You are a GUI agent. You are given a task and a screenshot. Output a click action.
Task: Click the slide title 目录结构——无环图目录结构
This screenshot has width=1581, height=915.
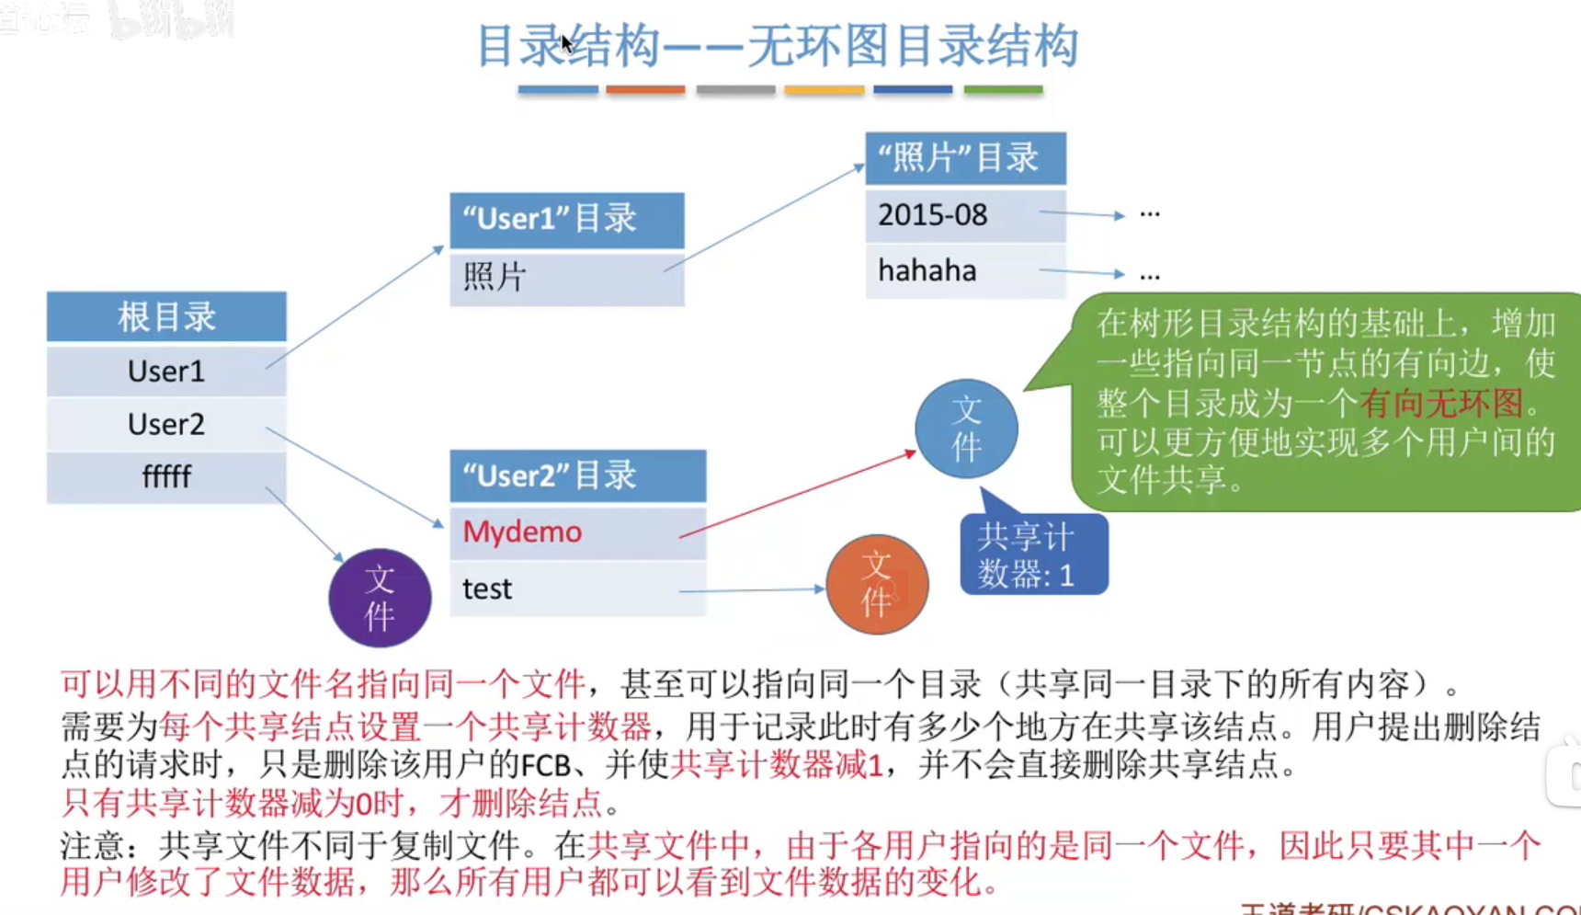point(777,46)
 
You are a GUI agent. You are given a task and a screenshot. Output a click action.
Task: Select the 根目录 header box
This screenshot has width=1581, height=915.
point(166,317)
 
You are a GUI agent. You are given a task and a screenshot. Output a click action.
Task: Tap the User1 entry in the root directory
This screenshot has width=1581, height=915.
point(166,371)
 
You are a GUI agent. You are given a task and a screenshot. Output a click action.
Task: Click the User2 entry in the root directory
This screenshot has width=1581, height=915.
point(166,424)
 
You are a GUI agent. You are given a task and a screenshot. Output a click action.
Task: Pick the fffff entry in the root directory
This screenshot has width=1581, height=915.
point(166,476)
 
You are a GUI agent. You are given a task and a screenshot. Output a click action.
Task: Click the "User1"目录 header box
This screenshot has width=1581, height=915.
point(566,219)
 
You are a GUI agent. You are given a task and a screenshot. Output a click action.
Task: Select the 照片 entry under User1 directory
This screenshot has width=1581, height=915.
point(566,277)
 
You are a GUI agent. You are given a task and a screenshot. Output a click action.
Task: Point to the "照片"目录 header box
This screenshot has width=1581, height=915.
point(965,158)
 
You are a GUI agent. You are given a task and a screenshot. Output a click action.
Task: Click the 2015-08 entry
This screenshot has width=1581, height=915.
point(933,215)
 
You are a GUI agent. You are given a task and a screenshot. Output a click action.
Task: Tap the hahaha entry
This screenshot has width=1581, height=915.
point(927,271)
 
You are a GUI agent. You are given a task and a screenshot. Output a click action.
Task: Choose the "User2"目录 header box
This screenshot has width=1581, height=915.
point(577,475)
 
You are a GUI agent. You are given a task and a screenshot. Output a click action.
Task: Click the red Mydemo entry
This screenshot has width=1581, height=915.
point(522,532)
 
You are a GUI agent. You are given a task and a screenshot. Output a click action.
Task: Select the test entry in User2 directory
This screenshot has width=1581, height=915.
point(487,589)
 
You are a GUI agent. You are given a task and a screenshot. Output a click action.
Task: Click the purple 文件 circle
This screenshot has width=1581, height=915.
point(380,598)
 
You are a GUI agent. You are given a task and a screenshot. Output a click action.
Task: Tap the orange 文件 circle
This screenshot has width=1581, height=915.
point(877,584)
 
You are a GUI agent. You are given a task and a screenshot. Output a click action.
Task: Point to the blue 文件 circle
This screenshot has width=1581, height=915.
point(966,429)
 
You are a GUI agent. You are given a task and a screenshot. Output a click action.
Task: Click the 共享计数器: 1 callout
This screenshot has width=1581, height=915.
point(1033,555)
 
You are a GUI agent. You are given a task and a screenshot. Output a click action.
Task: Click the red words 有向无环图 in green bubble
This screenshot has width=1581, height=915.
point(1441,403)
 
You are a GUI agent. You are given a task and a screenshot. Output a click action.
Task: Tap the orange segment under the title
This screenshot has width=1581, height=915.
point(645,89)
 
